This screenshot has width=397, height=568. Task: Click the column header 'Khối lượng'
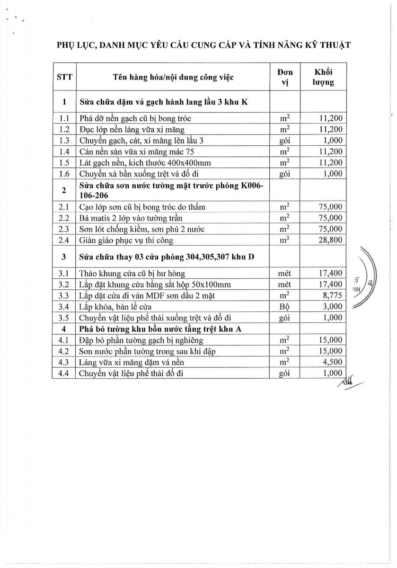(x=324, y=77)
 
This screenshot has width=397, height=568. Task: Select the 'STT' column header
(x=64, y=77)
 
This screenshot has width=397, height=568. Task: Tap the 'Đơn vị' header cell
(x=285, y=77)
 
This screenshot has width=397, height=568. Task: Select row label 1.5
(x=64, y=162)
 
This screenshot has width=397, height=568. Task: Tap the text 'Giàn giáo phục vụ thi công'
(x=126, y=240)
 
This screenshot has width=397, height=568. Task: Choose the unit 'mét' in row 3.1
(x=285, y=273)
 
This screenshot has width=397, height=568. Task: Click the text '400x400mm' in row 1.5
(x=190, y=162)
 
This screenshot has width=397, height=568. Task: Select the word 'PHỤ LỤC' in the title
(x=77, y=45)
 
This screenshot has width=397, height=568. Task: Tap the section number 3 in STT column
(x=64, y=257)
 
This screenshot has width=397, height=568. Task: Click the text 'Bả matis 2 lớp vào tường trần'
(x=131, y=218)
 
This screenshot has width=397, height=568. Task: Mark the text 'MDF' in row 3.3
(x=166, y=295)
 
